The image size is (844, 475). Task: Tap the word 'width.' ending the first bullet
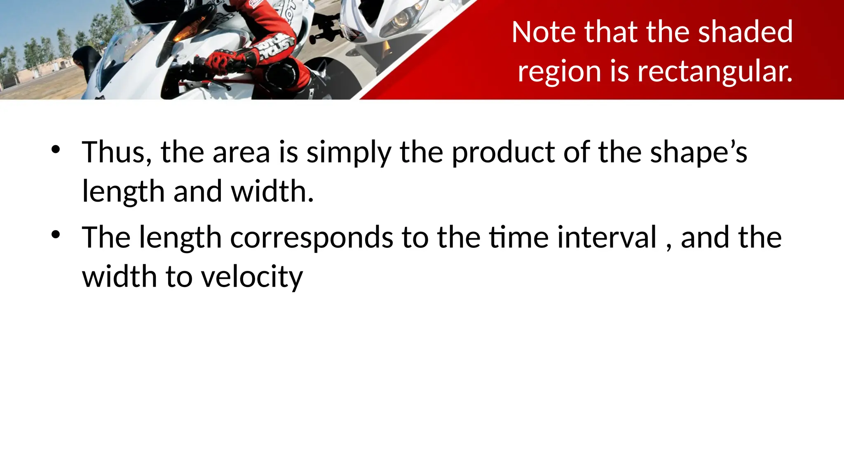272,192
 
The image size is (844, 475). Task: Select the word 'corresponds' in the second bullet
312,238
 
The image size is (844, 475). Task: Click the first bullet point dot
56,150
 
